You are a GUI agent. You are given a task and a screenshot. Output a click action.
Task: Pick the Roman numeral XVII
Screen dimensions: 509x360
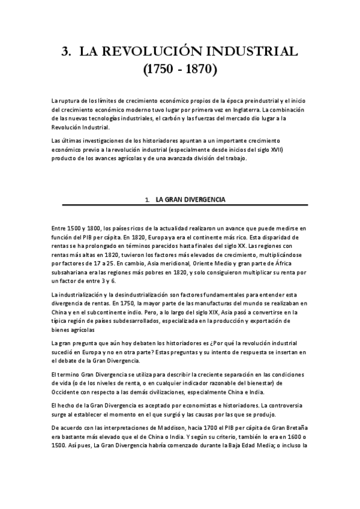point(275,149)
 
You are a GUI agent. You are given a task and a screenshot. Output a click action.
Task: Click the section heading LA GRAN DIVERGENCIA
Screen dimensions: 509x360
point(190,199)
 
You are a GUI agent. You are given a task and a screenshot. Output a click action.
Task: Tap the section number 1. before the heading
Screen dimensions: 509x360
point(147,199)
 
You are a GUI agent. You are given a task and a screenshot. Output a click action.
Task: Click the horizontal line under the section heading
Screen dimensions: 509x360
point(180,205)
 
